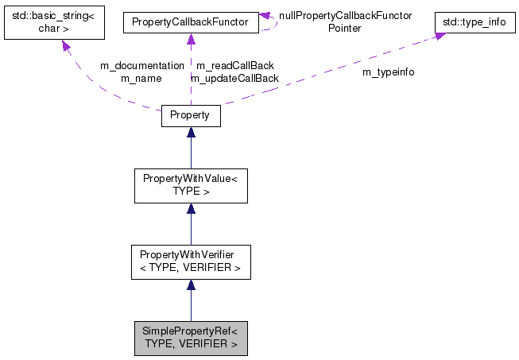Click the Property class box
pos(190,115)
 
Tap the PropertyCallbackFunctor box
pos(190,23)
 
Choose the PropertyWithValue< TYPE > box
pos(190,186)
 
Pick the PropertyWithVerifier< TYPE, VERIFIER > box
pos(190,261)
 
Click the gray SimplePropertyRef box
pos(190,338)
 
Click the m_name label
pos(141,78)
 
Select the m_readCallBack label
pos(235,65)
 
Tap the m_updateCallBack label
pos(234,78)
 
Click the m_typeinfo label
pos(388,72)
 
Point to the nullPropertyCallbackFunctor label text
pos(345,15)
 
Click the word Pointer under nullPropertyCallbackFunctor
pos(345,28)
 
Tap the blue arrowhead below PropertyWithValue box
pos(191,209)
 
